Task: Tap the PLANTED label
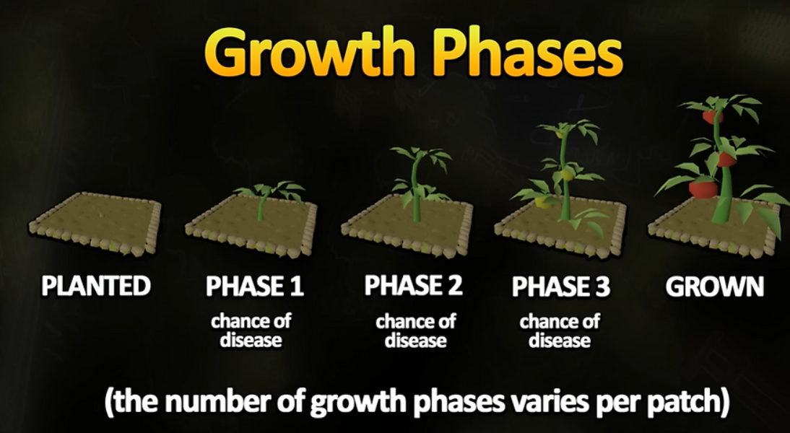(x=96, y=286)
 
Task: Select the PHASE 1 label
(x=255, y=286)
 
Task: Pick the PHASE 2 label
(x=413, y=286)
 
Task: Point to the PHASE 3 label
(x=561, y=287)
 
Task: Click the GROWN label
(x=714, y=287)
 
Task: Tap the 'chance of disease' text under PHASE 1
(x=251, y=331)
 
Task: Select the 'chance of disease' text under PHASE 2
(x=416, y=331)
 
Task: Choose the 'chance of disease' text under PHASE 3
(x=560, y=331)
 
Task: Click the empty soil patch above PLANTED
(x=95, y=222)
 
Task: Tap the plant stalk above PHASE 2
(x=416, y=191)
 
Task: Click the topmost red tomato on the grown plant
(x=712, y=117)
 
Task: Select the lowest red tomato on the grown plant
(x=703, y=188)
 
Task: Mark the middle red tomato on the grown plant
(x=726, y=159)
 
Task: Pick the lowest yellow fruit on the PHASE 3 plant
(x=542, y=202)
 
